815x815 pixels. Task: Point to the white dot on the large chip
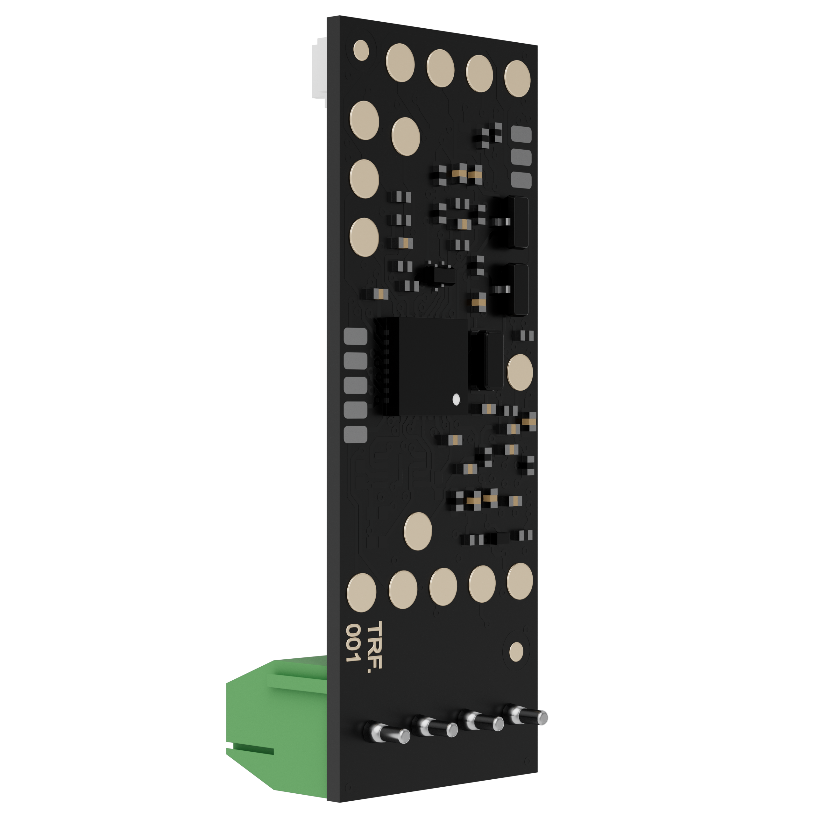pos(456,399)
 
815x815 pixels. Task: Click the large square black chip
pos(432,366)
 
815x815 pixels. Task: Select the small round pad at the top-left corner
pos(361,50)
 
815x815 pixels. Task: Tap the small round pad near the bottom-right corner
pos(516,651)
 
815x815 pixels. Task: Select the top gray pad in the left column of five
pos(356,336)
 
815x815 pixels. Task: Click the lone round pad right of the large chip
pos(520,372)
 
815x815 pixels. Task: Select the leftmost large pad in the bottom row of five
pos(362,592)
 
